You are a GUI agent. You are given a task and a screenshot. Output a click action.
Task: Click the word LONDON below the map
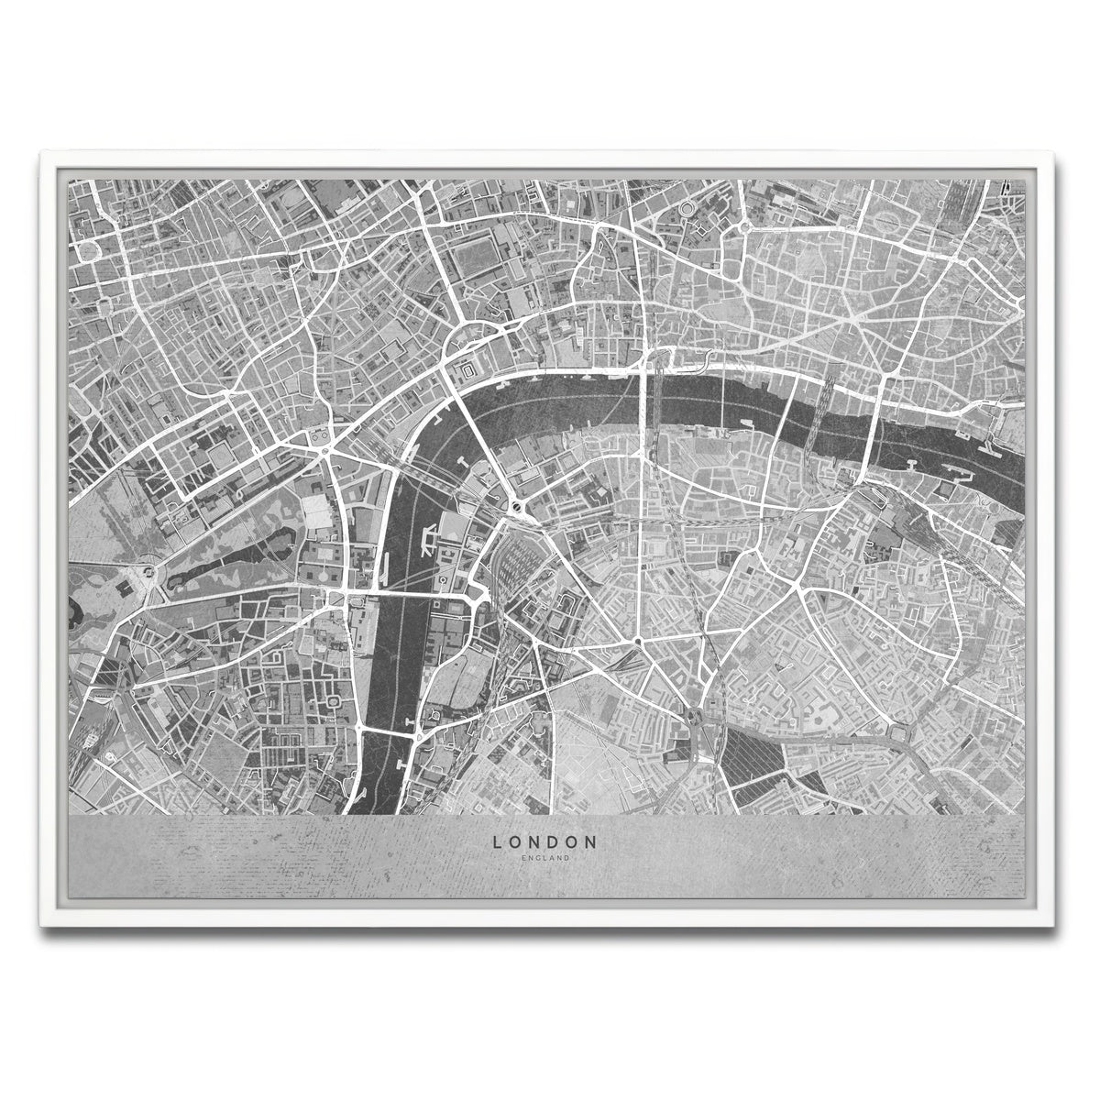pyautogui.click(x=544, y=841)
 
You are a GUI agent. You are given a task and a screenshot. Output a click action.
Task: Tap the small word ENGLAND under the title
pyautogui.click(x=544, y=858)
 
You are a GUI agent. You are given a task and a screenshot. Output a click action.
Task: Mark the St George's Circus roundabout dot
pyautogui.click(x=636, y=641)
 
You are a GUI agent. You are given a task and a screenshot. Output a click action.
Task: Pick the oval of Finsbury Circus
pyautogui.click(x=888, y=221)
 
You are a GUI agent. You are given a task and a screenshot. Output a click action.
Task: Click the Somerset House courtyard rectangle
pyautogui.click(x=467, y=370)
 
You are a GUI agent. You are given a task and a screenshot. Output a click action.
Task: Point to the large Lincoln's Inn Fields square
pyautogui.click(x=475, y=247)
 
